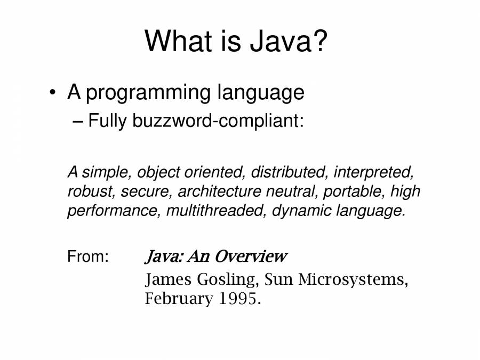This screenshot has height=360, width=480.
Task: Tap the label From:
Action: click(88, 257)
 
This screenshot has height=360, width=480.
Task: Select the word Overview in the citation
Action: click(251, 257)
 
